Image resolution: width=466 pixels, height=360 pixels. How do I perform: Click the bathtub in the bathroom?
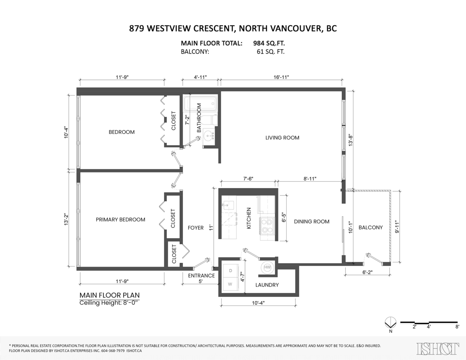(x=200, y=104)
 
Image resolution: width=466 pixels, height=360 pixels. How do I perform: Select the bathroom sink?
(x=210, y=135)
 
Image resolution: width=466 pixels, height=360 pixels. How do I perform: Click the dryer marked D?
(x=230, y=270)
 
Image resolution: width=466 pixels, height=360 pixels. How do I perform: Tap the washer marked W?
(x=230, y=284)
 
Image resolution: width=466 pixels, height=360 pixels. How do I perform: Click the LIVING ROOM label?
(x=282, y=138)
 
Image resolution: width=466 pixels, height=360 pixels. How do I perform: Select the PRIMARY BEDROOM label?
(x=120, y=220)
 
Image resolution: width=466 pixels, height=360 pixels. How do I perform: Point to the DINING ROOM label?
(x=311, y=222)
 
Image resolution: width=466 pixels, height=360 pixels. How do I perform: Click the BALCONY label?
(x=370, y=227)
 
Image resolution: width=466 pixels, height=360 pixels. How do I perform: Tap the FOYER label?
(x=196, y=228)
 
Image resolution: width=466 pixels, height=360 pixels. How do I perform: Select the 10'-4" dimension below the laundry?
(x=258, y=303)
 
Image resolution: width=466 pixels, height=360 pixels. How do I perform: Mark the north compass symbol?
(x=390, y=322)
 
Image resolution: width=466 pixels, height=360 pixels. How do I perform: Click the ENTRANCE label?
(x=201, y=275)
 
